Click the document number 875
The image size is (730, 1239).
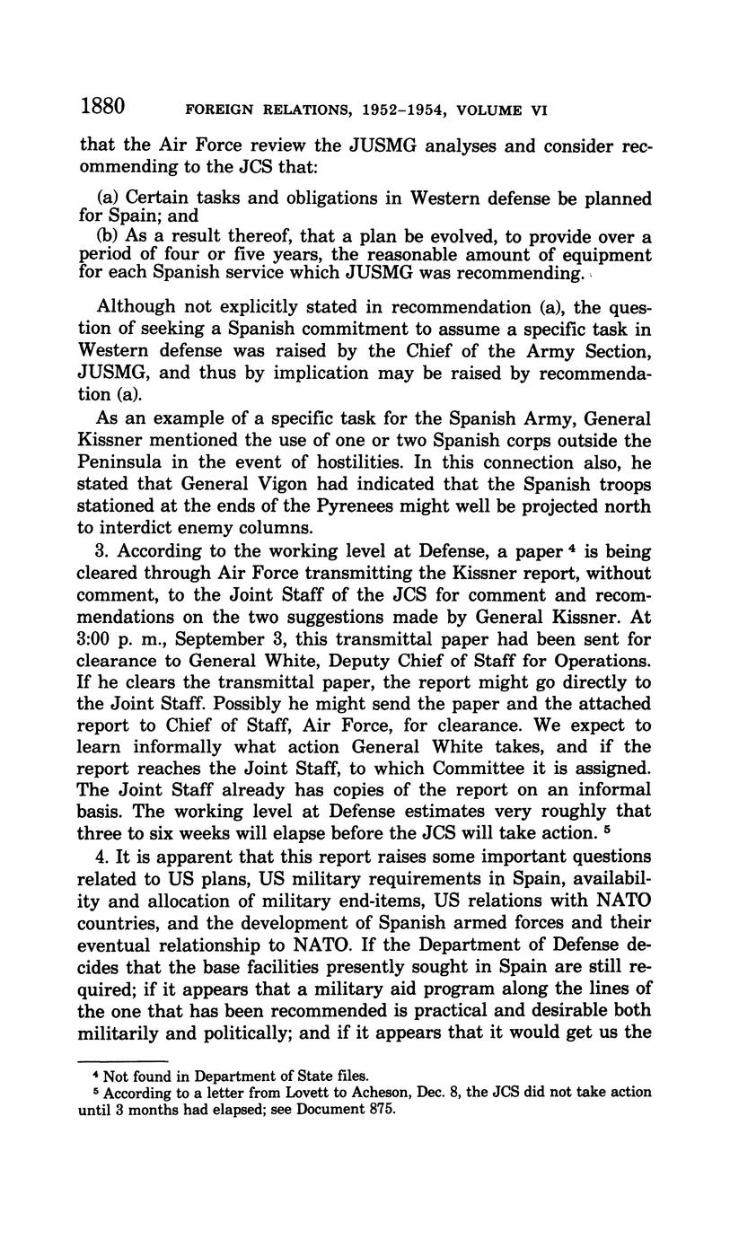(x=379, y=1108)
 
